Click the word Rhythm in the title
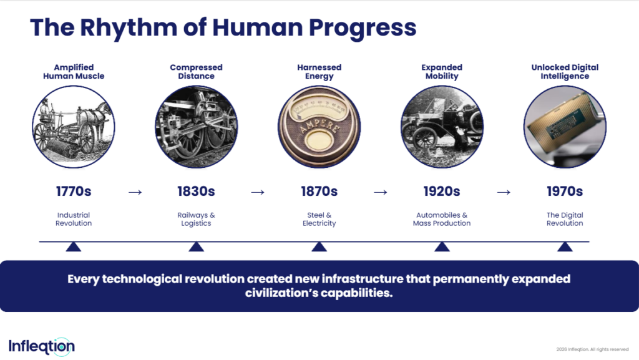(x=129, y=27)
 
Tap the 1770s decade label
(x=74, y=192)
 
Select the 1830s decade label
(x=196, y=192)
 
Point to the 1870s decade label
(x=319, y=192)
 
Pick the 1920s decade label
(x=442, y=192)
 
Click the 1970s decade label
(x=565, y=192)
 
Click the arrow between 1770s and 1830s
(x=135, y=192)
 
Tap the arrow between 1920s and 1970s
(x=504, y=192)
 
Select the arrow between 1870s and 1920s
(x=381, y=192)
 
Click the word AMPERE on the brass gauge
(x=319, y=125)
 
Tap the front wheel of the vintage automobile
(x=424, y=138)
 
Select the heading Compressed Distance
(x=196, y=72)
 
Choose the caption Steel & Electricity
(x=319, y=219)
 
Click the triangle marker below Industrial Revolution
(x=74, y=247)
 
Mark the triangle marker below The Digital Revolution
(x=565, y=247)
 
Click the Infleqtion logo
(x=42, y=346)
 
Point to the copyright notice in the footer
(x=592, y=349)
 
